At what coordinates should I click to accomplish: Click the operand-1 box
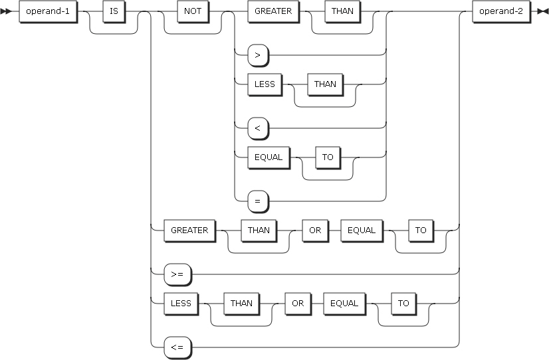[x=47, y=11]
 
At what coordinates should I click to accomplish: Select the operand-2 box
[x=500, y=11]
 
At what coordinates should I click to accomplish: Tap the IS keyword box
[x=114, y=11]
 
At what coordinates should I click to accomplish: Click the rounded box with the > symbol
[x=257, y=55]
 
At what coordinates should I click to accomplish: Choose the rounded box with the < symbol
[x=257, y=128]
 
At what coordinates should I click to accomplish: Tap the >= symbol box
[x=178, y=273]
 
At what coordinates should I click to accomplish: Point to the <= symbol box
[x=178, y=346]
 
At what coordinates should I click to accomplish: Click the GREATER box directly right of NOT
[x=273, y=11]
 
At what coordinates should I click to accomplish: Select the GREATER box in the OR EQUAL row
[x=189, y=230]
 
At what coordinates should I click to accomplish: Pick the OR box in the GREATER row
[x=314, y=230]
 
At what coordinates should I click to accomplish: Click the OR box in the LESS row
[x=296, y=304]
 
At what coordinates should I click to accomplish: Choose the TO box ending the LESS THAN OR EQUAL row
[x=403, y=304]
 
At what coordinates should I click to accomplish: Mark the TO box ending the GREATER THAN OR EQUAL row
[x=421, y=230]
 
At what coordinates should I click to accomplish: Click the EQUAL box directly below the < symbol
[x=268, y=157]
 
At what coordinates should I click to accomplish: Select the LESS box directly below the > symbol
[x=264, y=84]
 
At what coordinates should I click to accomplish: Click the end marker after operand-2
[x=542, y=12]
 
